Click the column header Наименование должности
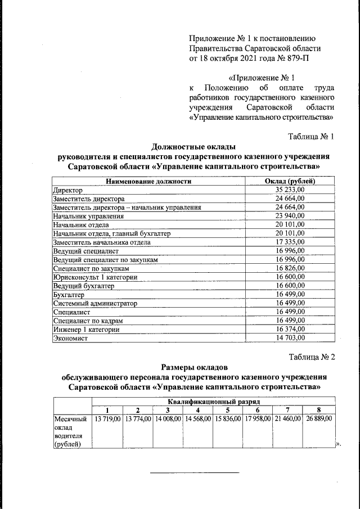[148, 181]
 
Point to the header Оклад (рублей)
[290, 181]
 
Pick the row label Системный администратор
[95, 303]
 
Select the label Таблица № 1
[311, 137]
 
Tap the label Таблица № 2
[311, 357]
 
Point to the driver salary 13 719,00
[107, 419]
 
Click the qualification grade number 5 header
[227, 410]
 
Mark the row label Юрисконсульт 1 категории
[94, 277]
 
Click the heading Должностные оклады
[193, 147]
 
